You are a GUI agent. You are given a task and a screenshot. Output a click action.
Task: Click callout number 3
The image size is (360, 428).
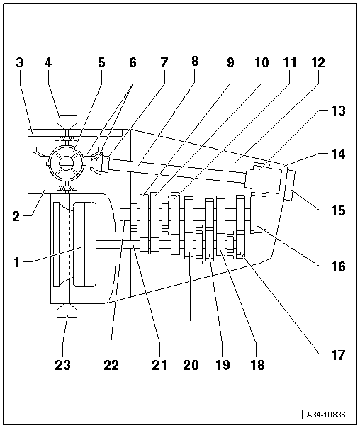point(19,62)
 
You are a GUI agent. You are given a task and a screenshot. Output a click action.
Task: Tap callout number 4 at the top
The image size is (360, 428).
point(48,62)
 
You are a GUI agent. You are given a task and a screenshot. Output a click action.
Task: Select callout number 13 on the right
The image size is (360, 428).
point(338,111)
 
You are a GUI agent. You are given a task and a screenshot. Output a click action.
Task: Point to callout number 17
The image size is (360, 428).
point(338,355)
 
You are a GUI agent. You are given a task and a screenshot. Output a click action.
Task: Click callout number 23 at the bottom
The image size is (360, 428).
point(63,365)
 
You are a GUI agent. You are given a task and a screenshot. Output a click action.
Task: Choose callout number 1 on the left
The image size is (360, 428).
point(17,262)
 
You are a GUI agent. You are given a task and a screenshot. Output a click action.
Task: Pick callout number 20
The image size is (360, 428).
point(191,365)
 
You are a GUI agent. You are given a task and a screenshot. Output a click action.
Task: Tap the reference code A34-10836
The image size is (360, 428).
point(327,415)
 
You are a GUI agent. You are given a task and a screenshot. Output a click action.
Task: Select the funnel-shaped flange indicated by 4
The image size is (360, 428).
point(67,122)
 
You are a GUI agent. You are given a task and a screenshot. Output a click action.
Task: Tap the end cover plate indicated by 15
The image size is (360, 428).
point(290,186)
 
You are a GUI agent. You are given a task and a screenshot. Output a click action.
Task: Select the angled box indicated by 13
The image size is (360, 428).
point(264,180)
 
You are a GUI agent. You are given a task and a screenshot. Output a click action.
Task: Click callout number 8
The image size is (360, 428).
point(195,62)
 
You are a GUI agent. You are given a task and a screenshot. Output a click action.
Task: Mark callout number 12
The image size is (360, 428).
point(318,62)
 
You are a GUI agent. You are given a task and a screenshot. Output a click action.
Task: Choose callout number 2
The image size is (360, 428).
point(16,216)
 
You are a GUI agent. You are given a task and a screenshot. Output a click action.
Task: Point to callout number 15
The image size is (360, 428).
point(338,210)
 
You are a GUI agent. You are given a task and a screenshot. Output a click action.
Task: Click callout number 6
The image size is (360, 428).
point(133,62)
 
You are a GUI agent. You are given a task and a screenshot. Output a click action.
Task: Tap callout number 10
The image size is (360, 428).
point(261,62)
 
